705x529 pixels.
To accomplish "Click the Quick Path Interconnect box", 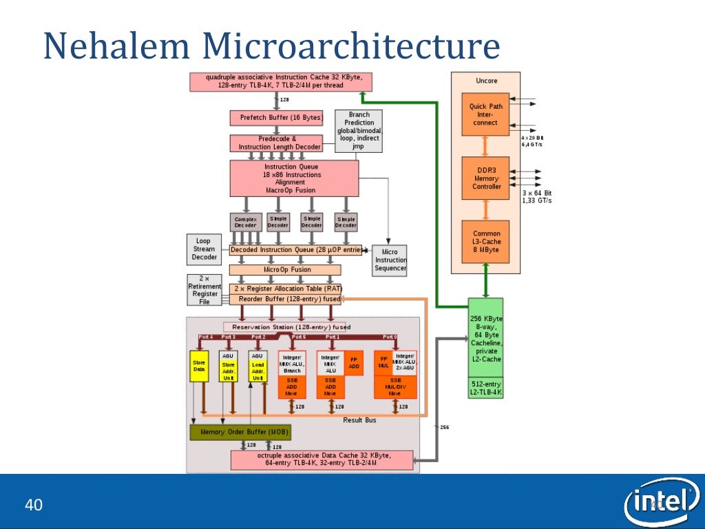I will pyautogui.click(x=487, y=114).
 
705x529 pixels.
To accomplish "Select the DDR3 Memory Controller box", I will pyautogui.click(x=487, y=178).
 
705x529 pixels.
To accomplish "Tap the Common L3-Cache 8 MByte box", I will pyautogui.click(x=487, y=242).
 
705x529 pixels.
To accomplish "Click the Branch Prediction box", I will pyautogui.click(x=359, y=131).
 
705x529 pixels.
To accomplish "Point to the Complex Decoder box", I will pyautogui.click(x=245, y=222).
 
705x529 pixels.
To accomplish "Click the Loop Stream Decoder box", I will pyautogui.click(x=204, y=249).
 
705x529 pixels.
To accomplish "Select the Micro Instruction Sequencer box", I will pyautogui.click(x=390, y=260).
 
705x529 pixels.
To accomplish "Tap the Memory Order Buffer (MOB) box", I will pyautogui.click(x=240, y=433).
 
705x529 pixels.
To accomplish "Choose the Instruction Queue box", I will pyautogui.click(x=294, y=178).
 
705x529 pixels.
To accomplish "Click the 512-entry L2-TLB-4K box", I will pyautogui.click(x=485, y=388).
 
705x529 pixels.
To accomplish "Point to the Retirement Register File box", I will pyautogui.click(x=204, y=290).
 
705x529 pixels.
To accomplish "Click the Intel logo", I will pyautogui.click(x=661, y=502).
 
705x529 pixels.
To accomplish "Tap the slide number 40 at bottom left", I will pyautogui.click(x=34, y=506).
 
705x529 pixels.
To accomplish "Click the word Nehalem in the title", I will pyautogui.click(x=117, y=47).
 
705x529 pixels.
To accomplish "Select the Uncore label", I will pyautogui.click(x=486, y=81).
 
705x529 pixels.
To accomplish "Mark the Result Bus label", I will pyautogui.click(x=359, y=420).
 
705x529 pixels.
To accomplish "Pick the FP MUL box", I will pyautogui.click(x=383, y=362).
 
